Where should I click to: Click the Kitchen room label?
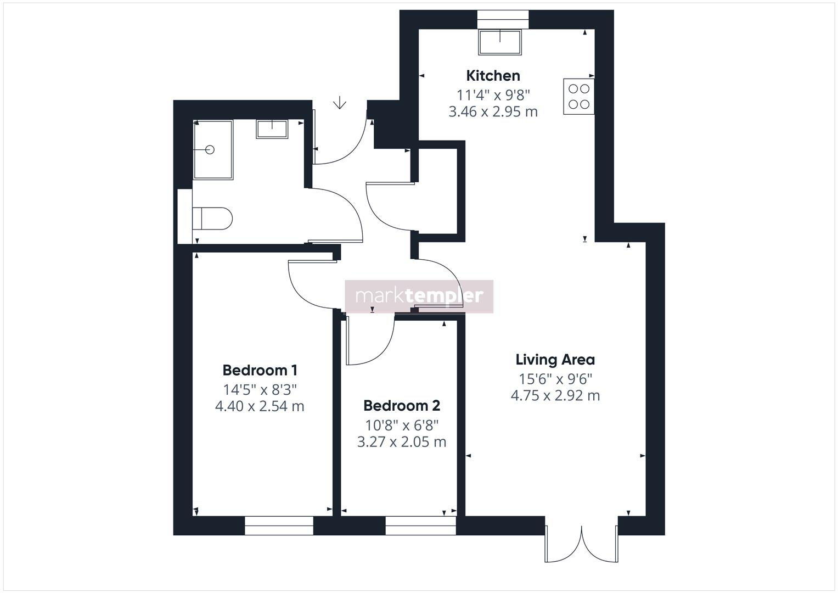click(x=493, y=76)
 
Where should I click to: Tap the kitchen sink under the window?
click(x=499, y=42)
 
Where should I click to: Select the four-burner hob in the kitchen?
click(x=578, y=97)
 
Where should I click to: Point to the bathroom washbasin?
click(x=272, y=129)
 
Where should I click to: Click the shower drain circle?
click(x=210, y=149)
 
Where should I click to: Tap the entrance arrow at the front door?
click(x=340, y=103)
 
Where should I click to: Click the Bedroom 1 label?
click(x=260, y=370)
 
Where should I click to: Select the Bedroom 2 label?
click(x=401, y=406)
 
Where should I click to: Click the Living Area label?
click(x=555, y=360)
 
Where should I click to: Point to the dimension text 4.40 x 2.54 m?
click(x=260, y=407)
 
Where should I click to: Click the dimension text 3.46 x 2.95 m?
click(x=493, y=112)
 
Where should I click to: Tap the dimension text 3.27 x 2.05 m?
click(x=401, y=442)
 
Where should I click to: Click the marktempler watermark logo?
click(x=419, y=296)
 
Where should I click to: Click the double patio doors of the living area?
click(x=582, y=544)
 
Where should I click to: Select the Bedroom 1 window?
click(x=279, y=525)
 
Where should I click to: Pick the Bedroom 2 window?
click(x=420, y=525)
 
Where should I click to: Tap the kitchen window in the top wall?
click(x=503, y=19)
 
